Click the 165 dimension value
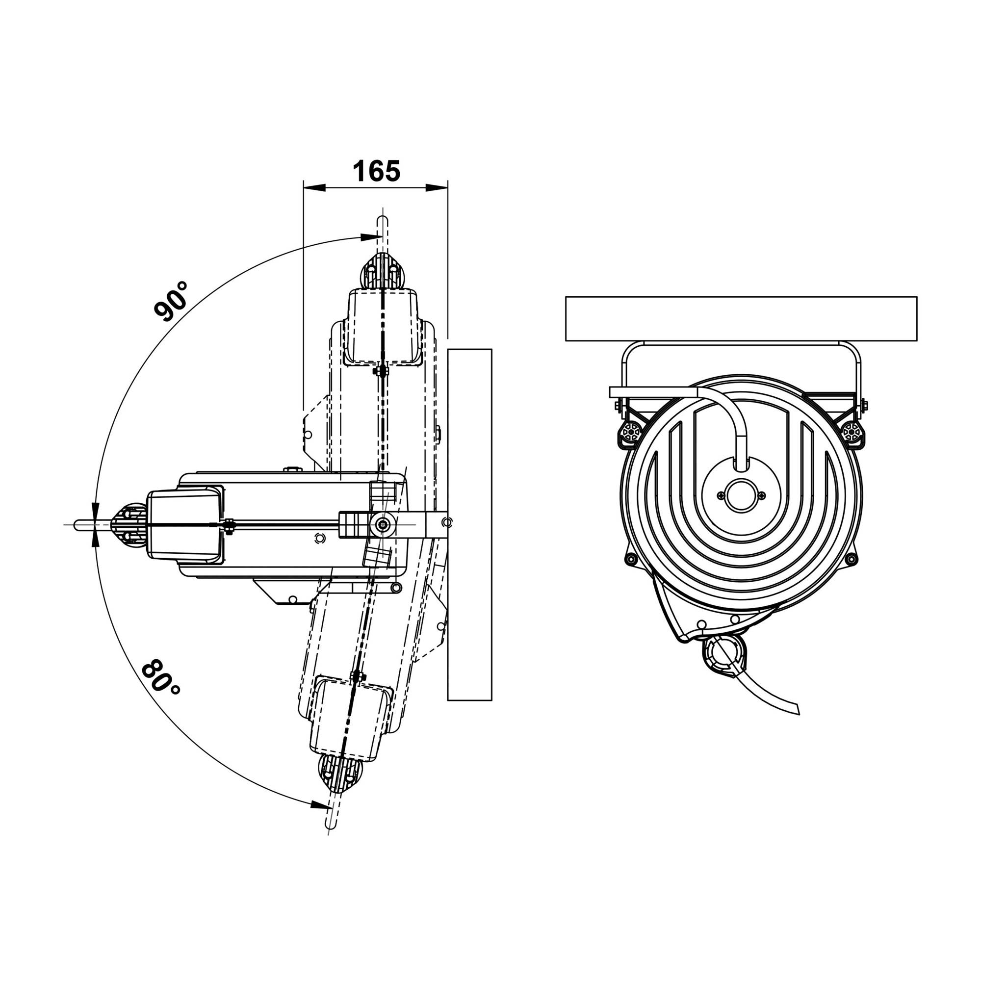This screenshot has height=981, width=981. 376,171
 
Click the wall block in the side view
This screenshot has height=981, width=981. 470,524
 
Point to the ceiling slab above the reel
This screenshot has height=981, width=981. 741,318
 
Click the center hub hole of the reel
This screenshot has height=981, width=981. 741,495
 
